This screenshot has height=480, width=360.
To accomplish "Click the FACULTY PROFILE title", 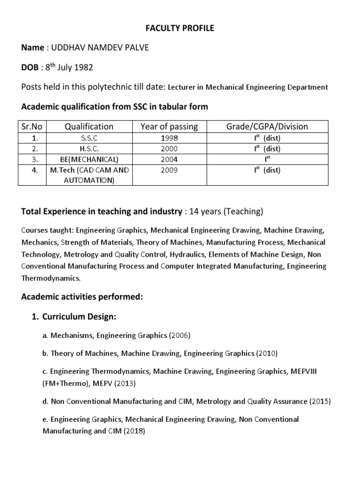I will pos(180,29).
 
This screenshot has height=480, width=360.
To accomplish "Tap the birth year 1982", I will pos(83,67).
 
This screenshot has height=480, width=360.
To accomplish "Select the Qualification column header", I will pos(82,127).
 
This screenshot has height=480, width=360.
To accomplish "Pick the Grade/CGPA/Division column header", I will pos(267,127).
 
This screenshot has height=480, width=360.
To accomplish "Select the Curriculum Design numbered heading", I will pos(79,317).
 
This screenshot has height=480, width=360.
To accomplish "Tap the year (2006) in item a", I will pos(180,335).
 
